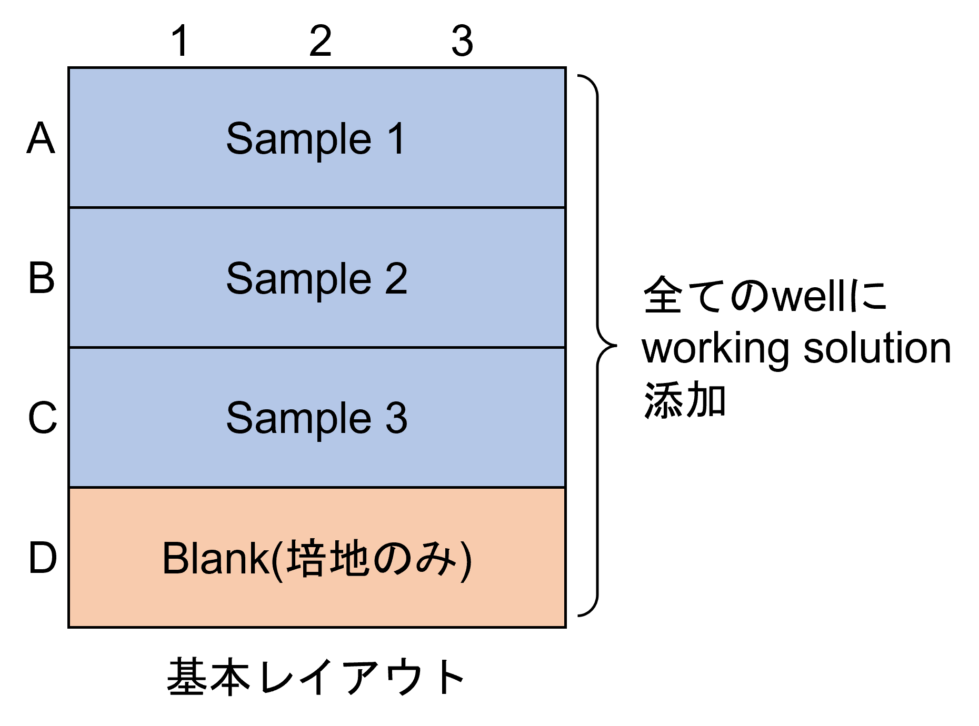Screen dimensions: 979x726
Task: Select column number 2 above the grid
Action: coord(321,41)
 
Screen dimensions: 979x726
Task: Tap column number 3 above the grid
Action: coord(462,41)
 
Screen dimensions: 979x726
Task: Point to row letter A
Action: coord(41,138)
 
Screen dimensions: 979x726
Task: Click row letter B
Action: coord(42,278)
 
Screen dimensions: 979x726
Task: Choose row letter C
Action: coord(42,418)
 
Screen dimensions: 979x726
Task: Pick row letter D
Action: coord(42,558)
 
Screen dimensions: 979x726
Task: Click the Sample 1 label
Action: coord(316,139)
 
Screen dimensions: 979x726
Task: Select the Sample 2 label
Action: coord(317,279)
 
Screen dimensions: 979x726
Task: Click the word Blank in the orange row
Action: coord(216,558)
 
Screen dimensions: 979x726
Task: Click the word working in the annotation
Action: coord(715,350)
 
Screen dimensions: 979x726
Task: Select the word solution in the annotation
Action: coord(877,348)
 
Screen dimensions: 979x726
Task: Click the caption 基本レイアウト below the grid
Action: coord(315,677)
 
